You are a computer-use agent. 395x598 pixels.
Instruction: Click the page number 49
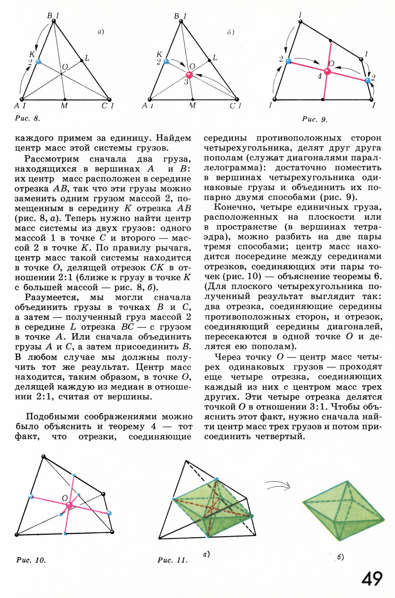(x=372, y=578)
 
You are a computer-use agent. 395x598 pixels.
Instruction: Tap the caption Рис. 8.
(x=27, y=119)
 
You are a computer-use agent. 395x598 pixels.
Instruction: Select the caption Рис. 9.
(x=315, y=119)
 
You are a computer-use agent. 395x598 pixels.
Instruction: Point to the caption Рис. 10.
(x=31, y=560)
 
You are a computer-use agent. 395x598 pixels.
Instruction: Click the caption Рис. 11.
(x=172, y=560)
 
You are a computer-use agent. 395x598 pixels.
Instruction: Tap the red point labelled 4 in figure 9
(x=327, y=71)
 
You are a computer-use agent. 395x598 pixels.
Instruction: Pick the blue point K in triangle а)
(x=39, y=61)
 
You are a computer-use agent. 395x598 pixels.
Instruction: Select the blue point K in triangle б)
(x=166, y=61)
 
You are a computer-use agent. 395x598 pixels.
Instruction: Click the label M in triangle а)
(x=64, y=106)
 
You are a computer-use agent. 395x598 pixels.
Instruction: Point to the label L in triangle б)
(x=215, y=58)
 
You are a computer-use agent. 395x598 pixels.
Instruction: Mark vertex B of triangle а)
(x=54, y=21)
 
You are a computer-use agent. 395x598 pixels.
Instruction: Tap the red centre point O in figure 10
(x=69, y=505)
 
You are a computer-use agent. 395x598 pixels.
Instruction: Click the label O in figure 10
(x=65, y=498)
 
